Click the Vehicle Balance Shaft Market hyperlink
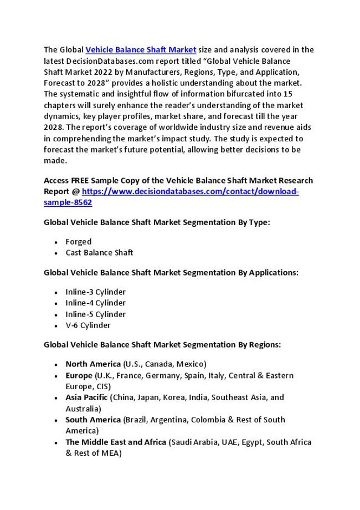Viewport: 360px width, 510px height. point(141,49)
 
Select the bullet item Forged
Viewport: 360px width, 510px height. point(78,242)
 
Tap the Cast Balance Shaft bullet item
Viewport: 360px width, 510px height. point(99,253)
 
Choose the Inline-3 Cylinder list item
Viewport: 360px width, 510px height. point(95,292)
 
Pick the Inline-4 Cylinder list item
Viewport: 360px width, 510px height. point(95,303)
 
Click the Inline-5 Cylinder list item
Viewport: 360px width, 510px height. point(95,314)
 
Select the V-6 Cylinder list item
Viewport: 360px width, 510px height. point(88,325)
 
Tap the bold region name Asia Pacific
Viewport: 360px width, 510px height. point(87,397)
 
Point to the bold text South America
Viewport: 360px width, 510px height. point(92,420)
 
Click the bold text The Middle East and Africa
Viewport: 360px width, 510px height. point(116,442)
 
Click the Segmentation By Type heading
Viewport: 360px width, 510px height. point(157,222)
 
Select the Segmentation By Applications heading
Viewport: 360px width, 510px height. point(171,272)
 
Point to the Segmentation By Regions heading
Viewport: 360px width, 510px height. point(162,344)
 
